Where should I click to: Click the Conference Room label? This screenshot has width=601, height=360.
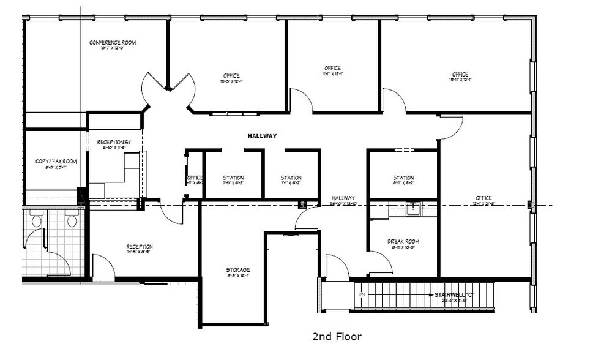pos(113,43)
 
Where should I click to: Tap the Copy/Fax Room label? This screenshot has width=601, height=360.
pos(56,162)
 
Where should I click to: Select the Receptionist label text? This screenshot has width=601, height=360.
pos(115,142)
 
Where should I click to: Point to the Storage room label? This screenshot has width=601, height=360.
pos(237,270)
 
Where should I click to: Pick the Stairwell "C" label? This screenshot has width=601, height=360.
pos(454,295)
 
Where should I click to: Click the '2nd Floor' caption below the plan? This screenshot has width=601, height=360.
pos(337,337)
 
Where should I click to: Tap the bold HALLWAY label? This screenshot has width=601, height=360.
pos(262,136)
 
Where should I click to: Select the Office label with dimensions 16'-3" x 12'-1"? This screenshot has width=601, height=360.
pos(231,76)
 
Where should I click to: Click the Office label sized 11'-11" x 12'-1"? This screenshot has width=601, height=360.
pos(333,68)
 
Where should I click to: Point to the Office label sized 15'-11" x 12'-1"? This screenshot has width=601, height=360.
pos(460,75)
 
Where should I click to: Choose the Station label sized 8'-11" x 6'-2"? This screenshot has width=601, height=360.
pos(403,178)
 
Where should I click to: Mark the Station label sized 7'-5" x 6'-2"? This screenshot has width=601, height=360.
pos(233,178)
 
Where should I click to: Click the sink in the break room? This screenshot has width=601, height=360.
pos(412,208)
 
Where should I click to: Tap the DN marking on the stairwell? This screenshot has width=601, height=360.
pos(362,294)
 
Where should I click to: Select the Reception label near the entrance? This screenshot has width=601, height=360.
pos(140,247)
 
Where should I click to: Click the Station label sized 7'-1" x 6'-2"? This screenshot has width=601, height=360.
pos(291,178)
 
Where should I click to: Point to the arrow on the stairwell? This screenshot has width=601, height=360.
pos(428,295)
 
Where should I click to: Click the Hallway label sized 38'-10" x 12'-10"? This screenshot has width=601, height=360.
pos(343,198)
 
